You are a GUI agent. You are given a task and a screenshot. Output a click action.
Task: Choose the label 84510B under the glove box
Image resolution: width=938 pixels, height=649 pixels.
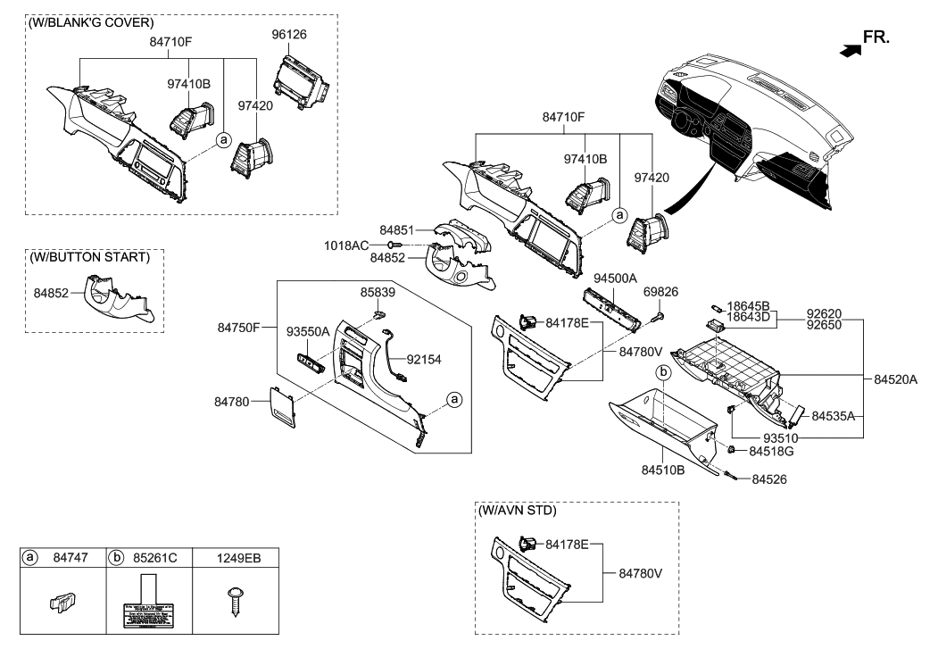tap(663, 469)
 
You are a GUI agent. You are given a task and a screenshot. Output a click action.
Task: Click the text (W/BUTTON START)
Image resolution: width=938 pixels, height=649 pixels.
tap(89, 257)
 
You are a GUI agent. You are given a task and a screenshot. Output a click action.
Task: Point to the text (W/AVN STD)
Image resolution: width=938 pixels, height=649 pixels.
tap(518, 511)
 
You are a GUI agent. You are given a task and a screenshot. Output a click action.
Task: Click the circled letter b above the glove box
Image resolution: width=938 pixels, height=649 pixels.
tap(663, 370)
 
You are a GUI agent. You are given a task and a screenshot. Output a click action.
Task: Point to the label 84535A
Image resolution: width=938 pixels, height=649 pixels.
tap(833, 416)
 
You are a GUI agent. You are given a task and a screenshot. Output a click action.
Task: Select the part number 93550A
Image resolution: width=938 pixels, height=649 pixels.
tap(308, 331)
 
